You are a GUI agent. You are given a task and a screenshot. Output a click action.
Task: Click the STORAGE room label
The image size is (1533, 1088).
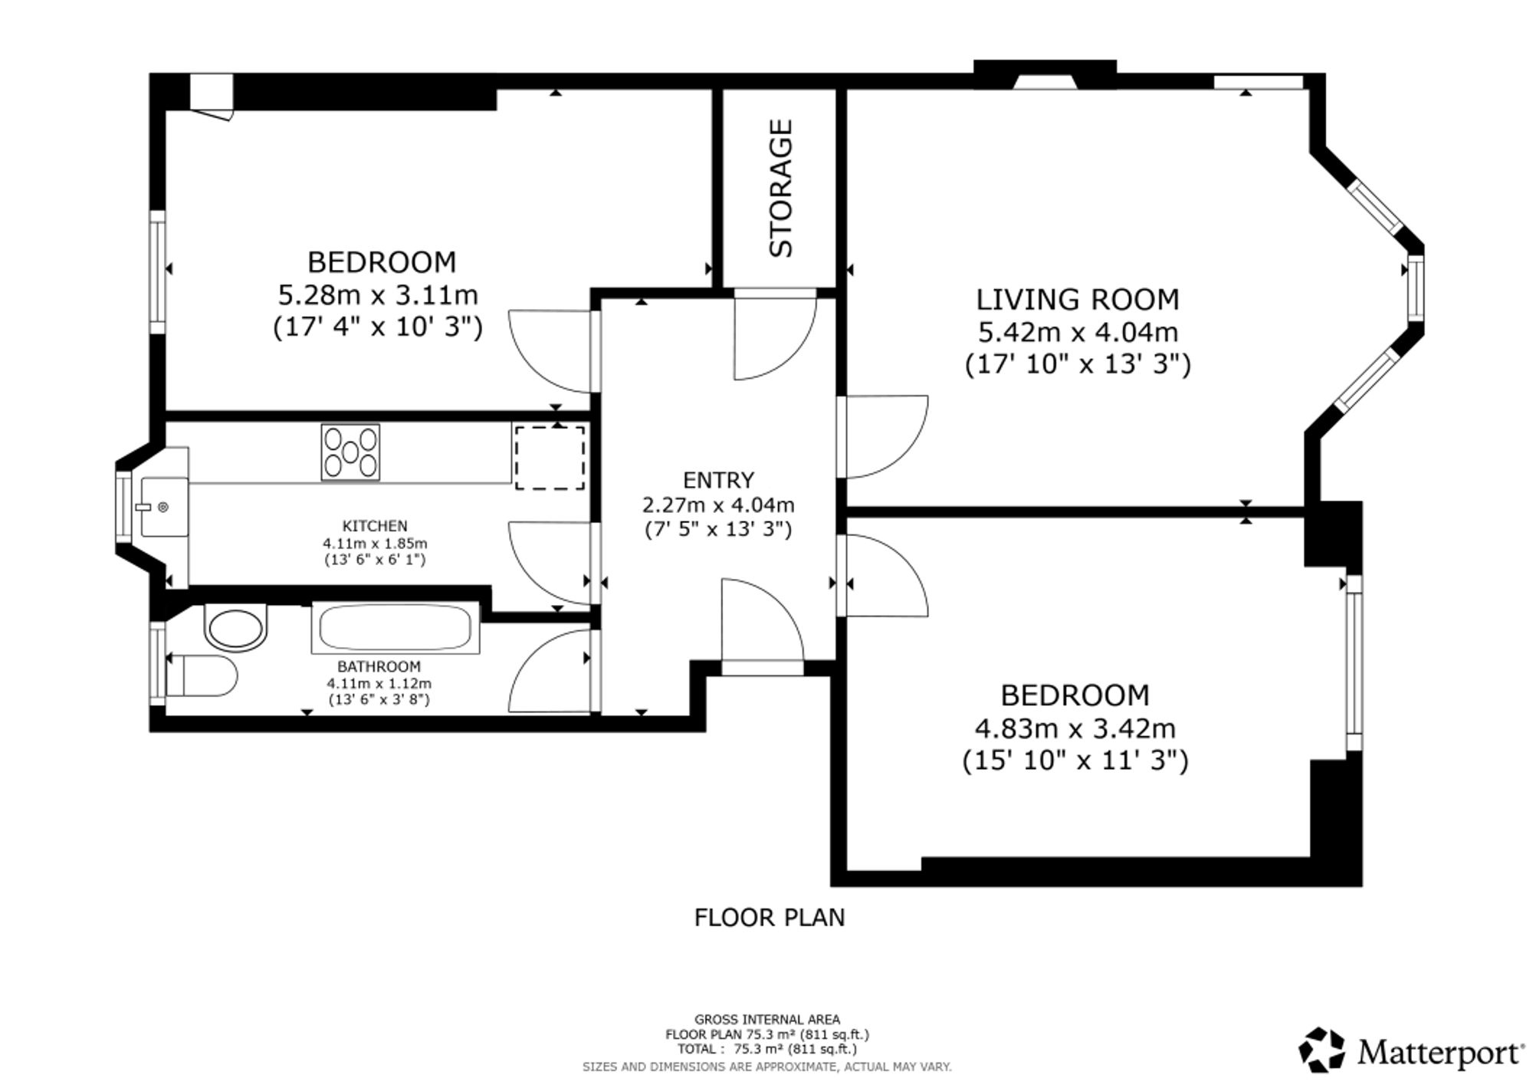click(x=780, y=188)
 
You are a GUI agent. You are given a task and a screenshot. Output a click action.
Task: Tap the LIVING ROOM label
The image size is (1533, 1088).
click(x=1078, y=299)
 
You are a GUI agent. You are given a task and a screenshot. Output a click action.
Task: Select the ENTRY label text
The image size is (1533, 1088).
click(x=718, y=480)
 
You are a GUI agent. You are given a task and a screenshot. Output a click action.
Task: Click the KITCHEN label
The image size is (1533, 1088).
click(x=375, y=526)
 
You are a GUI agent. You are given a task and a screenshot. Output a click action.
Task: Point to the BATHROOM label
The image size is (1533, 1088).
click(x=379, y=666)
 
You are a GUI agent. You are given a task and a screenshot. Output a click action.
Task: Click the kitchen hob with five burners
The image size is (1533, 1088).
click(x=350, y=452)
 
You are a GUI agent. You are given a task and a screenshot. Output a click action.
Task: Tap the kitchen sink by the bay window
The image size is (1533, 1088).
click(x=163, y=507)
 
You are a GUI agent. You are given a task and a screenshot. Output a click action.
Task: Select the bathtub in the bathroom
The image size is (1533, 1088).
click(x=395, y=628)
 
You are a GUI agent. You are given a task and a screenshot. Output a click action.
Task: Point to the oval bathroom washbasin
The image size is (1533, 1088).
click(x=236, y=627)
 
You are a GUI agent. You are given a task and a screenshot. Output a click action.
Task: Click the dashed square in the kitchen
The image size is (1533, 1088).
click(x=550, y=458)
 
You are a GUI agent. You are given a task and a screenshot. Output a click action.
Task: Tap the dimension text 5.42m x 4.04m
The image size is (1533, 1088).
click(x=1078, y=332)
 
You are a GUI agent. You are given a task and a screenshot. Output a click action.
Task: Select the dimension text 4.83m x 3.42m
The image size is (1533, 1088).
click(x=1075, y=728)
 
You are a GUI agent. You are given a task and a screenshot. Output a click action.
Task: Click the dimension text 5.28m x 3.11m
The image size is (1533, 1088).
click(x=378, y=294)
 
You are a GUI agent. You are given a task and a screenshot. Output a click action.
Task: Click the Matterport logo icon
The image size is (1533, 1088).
click(x=1321, y=1050)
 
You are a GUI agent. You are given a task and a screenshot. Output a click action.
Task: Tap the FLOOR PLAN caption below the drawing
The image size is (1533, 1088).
click(x=769, y=917)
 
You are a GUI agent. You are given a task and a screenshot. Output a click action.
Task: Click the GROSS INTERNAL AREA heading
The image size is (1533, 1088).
click(x=767, y=1019)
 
